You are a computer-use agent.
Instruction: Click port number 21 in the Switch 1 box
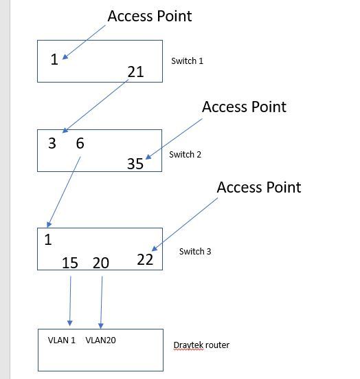136,71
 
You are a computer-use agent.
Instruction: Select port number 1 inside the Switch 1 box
54,60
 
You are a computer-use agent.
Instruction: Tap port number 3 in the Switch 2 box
52,143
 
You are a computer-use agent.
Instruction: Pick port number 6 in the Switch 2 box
80,143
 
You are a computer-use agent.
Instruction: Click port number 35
135,164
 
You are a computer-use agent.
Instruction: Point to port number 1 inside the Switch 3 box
48,240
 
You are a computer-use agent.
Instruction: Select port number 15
70,263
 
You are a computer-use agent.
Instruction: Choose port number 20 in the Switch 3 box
101,263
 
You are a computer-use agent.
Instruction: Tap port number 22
145,259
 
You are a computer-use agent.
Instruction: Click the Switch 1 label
187,61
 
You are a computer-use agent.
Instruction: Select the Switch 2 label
185,155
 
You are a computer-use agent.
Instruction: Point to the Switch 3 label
195,252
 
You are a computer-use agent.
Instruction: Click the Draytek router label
201,345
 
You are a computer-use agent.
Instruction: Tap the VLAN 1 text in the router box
62,340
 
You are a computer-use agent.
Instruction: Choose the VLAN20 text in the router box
100,340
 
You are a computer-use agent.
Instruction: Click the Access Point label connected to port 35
244,107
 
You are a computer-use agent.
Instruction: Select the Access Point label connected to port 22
258,187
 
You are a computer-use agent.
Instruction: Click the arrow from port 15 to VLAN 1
70,301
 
